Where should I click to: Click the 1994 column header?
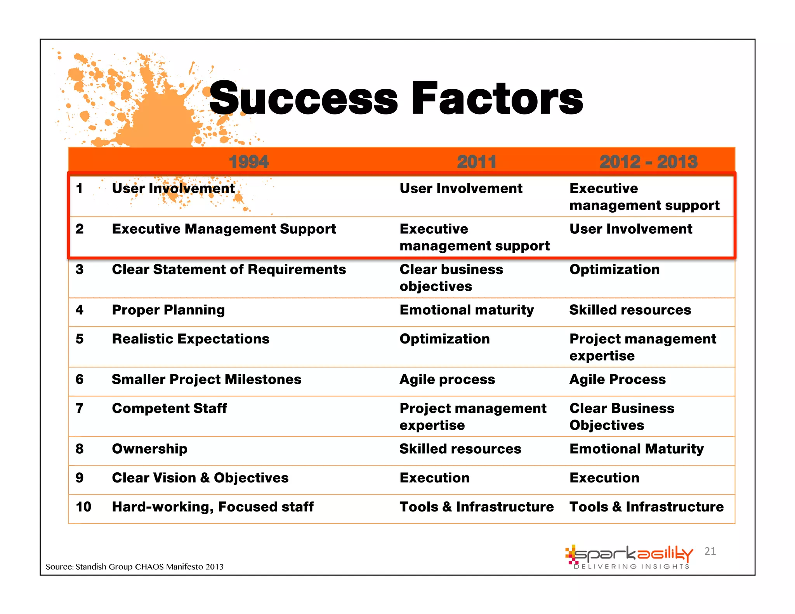(248, 161)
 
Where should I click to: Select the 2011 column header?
(476, 161)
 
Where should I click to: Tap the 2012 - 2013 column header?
(648, 161)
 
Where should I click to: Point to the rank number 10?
(83, 506)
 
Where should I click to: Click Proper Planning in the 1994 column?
(168, 310)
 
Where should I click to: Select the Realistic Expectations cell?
(191, 339)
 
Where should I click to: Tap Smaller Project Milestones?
(207, 379)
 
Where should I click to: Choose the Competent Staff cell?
(169, 408)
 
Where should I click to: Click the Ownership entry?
(149, 449)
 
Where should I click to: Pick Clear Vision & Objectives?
(200, 478)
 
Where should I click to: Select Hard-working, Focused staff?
(213, 506)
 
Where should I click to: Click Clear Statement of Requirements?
(229, 269)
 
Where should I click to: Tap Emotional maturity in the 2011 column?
(467, 310)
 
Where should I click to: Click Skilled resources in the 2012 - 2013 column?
(630, 310)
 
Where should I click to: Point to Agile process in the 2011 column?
(447, 379)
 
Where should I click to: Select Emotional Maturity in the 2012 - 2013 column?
(636, 449)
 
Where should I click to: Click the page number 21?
(710, 551)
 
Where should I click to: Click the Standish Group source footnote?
(134, 567)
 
